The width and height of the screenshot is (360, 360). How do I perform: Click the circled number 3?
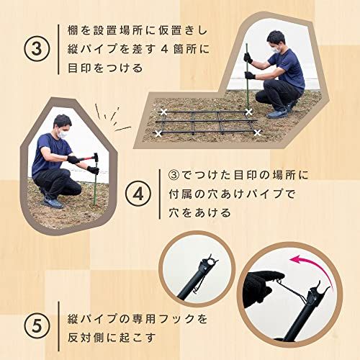tap(37, 49)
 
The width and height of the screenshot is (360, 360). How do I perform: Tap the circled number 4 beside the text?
tap(138, 194)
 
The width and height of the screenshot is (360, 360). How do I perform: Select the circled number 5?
tap(37, 326)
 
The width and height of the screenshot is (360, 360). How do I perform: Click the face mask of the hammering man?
tap(61, 133)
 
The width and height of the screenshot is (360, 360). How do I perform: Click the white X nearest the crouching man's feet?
tap(249, 112)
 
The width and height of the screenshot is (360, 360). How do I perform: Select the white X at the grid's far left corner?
tap(164, 112)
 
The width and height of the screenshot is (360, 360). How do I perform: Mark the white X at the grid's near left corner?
tap(158, 134)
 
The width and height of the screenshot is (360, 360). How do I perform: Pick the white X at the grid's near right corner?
tap(257, 132)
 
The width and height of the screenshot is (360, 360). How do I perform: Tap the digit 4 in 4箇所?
tap(164, 50)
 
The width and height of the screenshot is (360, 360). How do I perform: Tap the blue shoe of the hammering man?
tap(53, 203)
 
